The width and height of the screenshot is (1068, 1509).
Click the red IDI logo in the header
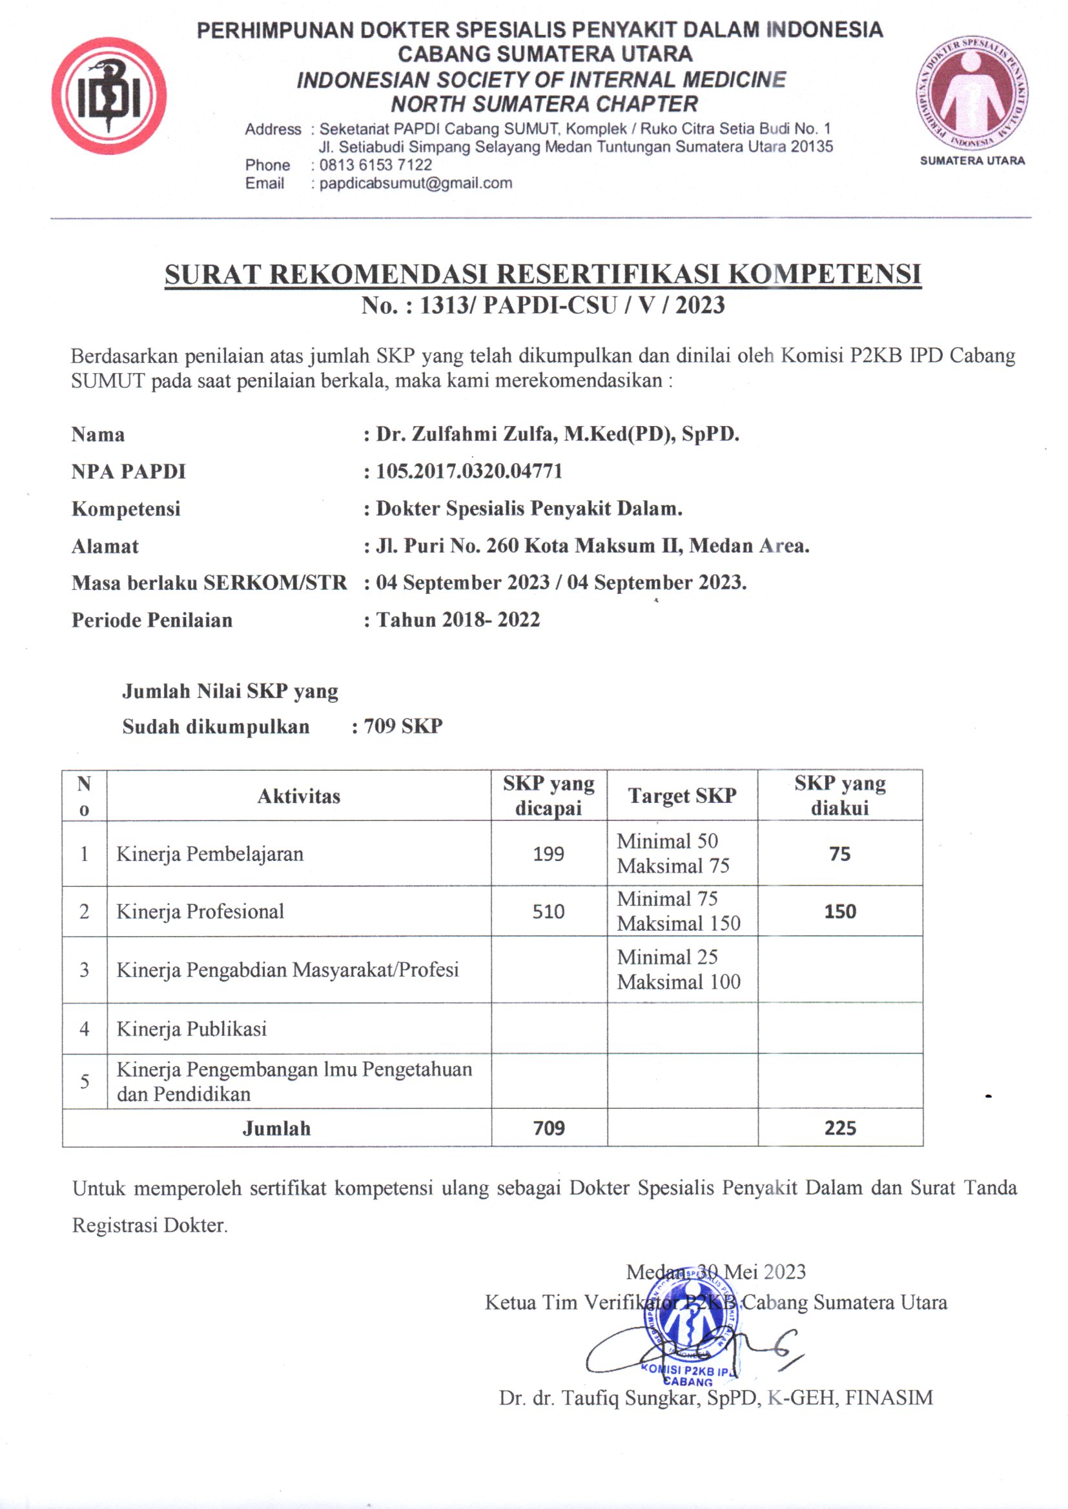coord(109,96)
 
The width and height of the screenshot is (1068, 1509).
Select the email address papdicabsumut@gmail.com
coord(416,183)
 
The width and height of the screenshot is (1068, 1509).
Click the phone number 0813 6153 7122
coord(376,165)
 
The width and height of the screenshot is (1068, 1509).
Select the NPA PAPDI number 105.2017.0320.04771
coord(469,471)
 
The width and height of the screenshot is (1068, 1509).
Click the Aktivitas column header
coord(298,796)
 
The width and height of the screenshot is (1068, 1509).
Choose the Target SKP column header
coord(682,796)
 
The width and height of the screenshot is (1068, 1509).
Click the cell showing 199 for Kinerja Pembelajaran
coord(548,854)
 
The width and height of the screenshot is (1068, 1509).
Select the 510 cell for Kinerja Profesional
coord(548,911)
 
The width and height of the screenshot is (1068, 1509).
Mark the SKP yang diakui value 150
coord(840,911)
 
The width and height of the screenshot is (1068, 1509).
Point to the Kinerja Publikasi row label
coord(191,1029)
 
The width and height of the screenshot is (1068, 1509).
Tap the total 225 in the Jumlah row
coord(840,1128)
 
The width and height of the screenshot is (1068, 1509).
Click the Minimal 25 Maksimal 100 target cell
coord(679,969)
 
